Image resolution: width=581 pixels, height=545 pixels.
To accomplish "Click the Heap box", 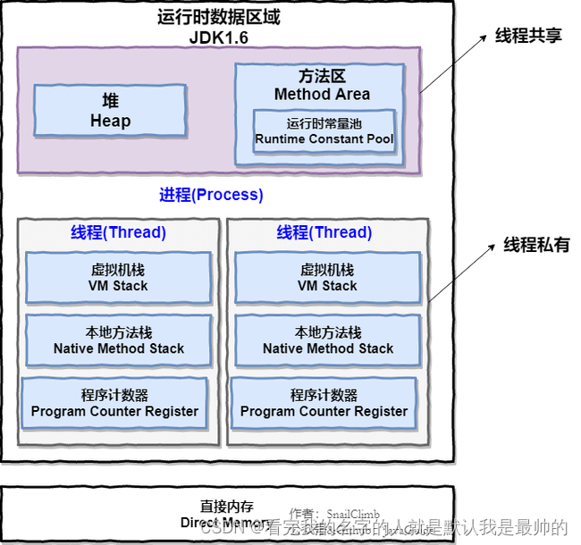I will (110, 111).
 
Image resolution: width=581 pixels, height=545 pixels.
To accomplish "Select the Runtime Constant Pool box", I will (324, 131).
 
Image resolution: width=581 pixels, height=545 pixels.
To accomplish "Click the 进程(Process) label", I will (211, 195).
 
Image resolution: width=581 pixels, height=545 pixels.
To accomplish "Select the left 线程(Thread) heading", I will (118, 232).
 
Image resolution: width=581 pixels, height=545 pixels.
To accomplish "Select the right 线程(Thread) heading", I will (324, 232).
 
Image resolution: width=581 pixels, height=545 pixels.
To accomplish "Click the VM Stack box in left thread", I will (118, 278).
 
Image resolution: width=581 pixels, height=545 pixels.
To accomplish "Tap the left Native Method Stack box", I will (118, 340).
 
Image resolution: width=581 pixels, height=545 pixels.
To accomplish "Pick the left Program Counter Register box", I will (114, 403).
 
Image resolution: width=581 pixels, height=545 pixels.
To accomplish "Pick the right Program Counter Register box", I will (324, 403).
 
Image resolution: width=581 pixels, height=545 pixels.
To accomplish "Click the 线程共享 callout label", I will (528, 36).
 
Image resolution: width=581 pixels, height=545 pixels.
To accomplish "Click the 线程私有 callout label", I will (536, 245).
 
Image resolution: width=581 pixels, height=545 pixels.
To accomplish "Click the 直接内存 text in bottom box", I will (226, 506).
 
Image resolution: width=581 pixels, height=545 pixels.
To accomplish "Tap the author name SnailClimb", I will (352, 514).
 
